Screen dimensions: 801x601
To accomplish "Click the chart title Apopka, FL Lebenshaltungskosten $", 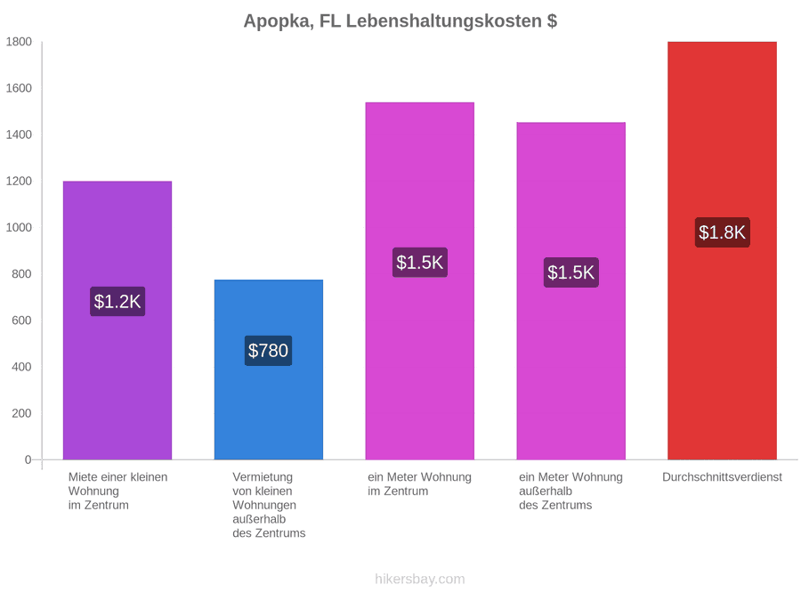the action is pos(400,21).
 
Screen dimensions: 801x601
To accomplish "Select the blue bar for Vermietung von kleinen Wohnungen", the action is pos(269,370).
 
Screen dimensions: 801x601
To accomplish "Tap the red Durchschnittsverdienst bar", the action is pos(723,250).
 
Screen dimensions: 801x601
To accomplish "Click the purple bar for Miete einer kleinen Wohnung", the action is pos(117,321).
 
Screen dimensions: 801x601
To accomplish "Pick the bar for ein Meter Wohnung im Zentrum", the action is pos(420,281).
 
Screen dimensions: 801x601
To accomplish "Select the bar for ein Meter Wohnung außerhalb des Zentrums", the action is pos(571,291).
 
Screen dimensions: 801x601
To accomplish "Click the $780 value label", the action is pos(268,351).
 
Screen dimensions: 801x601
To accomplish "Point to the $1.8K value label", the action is pos(723,232).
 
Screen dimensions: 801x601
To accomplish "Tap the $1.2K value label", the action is pos(117,302).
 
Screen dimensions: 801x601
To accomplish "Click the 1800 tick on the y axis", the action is pos(19,41).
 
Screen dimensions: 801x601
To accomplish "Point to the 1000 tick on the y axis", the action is pos(19,227).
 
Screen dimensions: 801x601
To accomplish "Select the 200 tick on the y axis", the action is pos(22,413).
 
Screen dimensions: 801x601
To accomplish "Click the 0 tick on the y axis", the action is pos(28,459).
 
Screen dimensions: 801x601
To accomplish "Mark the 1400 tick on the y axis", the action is pos(19,134).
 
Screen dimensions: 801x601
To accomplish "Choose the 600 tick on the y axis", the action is pos(22,321).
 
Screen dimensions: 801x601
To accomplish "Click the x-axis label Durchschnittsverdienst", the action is pos(723,477).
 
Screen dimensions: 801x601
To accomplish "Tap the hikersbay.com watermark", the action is pos(420,579).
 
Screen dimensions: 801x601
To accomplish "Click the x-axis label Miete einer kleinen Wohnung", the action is pos(118,491).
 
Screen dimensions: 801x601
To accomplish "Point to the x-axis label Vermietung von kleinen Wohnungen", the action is pos(269,505).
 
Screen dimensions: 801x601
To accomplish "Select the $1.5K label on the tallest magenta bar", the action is pos(420,263).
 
